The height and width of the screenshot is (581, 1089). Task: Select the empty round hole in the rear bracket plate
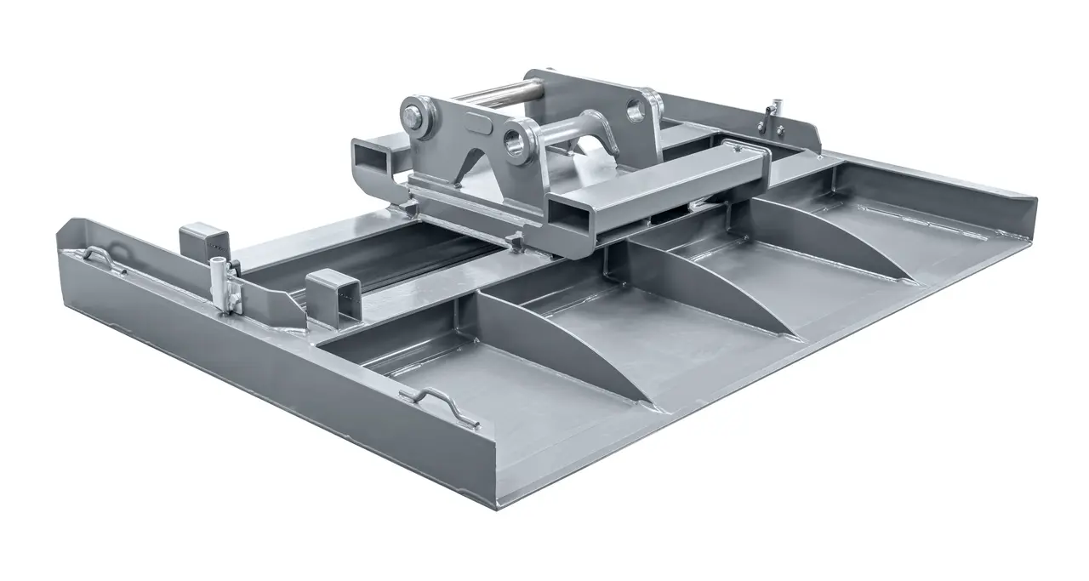click(x=636, y=108)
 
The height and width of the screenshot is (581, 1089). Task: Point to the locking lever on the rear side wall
click(x=773, y=117)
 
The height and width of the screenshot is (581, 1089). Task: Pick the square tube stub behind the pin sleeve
click(x=202, y=240)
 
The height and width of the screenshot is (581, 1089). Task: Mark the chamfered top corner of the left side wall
click(x=65, y=227)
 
